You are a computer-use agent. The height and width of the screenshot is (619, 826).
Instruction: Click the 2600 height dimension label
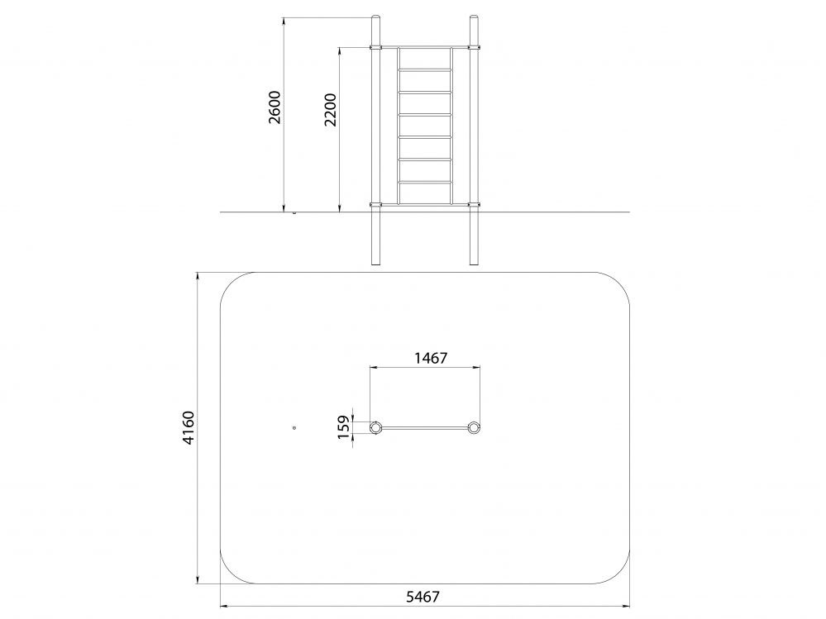pos(275,107)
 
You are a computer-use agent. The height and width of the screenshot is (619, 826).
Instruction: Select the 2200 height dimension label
pos(330,110)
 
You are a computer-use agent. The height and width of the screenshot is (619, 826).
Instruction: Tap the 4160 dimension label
pos(189,428)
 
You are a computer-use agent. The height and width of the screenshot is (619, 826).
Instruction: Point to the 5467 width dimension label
pos(423,597)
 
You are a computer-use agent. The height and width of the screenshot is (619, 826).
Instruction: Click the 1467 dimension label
pos(431,358)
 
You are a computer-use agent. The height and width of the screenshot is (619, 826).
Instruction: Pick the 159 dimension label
pos(344,427)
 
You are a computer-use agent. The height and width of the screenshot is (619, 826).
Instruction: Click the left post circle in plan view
pos(375,427)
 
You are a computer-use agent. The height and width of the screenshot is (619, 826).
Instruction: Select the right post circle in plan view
pos(474,427)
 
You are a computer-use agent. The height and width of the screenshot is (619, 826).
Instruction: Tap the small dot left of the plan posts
pos(294,428)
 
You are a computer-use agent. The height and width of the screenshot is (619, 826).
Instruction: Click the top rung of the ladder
pos(425,69)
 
